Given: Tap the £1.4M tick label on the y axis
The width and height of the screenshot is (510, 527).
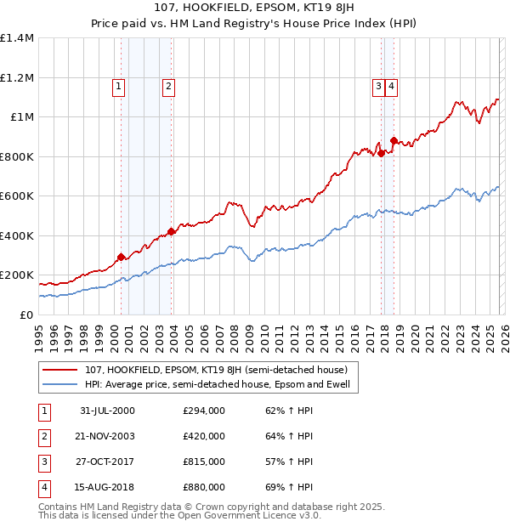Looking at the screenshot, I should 17,38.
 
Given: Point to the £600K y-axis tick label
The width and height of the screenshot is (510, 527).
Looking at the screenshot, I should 17,196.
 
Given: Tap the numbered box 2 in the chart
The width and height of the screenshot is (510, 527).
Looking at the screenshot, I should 169,85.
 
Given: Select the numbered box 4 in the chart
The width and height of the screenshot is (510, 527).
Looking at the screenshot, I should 391,85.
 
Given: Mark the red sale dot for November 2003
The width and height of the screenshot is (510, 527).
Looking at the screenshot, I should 171,231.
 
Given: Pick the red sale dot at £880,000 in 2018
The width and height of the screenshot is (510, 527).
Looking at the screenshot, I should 394,140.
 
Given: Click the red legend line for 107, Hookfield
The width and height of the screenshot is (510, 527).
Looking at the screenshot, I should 61,371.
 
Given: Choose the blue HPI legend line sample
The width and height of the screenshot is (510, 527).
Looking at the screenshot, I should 61,385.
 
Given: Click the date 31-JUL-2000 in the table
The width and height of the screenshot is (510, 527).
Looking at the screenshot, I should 107,411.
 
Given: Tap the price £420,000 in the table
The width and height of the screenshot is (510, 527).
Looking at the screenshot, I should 204,436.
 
